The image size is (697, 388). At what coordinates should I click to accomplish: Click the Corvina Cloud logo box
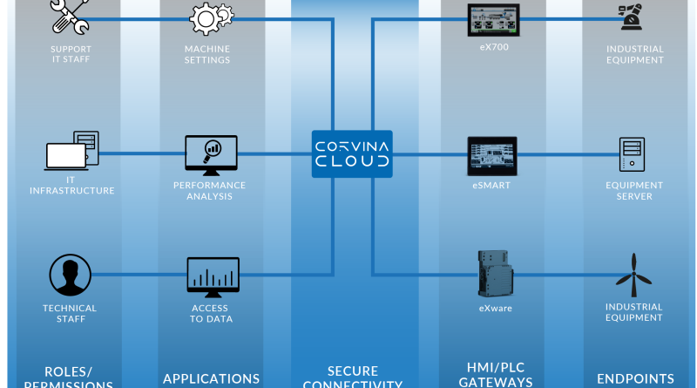coord(352,154)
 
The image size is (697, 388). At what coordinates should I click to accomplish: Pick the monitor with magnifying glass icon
coord(211,154)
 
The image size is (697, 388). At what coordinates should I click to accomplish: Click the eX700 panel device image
coord(493,19)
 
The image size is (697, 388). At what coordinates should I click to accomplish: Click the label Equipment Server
coord(634,191)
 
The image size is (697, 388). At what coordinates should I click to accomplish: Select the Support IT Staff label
coord(71,55)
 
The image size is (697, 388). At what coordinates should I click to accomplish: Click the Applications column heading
coord(211,378)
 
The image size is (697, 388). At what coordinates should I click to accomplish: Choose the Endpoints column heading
coord(635,378)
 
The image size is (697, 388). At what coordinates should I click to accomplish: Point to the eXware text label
coord(493,309)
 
